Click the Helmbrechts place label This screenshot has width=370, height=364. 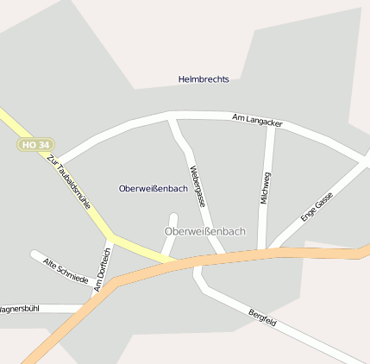click(204, 79)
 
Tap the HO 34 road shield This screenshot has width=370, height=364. click(34, 144)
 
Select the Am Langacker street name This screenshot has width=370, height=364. click(258, 120)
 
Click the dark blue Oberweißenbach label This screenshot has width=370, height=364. click(154, 188)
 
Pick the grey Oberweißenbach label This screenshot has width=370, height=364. click(204, 231)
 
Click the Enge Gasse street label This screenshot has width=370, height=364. click(317, 207)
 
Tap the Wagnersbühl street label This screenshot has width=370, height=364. click(19, 308)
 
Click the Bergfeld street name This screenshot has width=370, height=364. click(262, 317)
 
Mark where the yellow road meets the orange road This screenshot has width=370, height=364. click(177, 260)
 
